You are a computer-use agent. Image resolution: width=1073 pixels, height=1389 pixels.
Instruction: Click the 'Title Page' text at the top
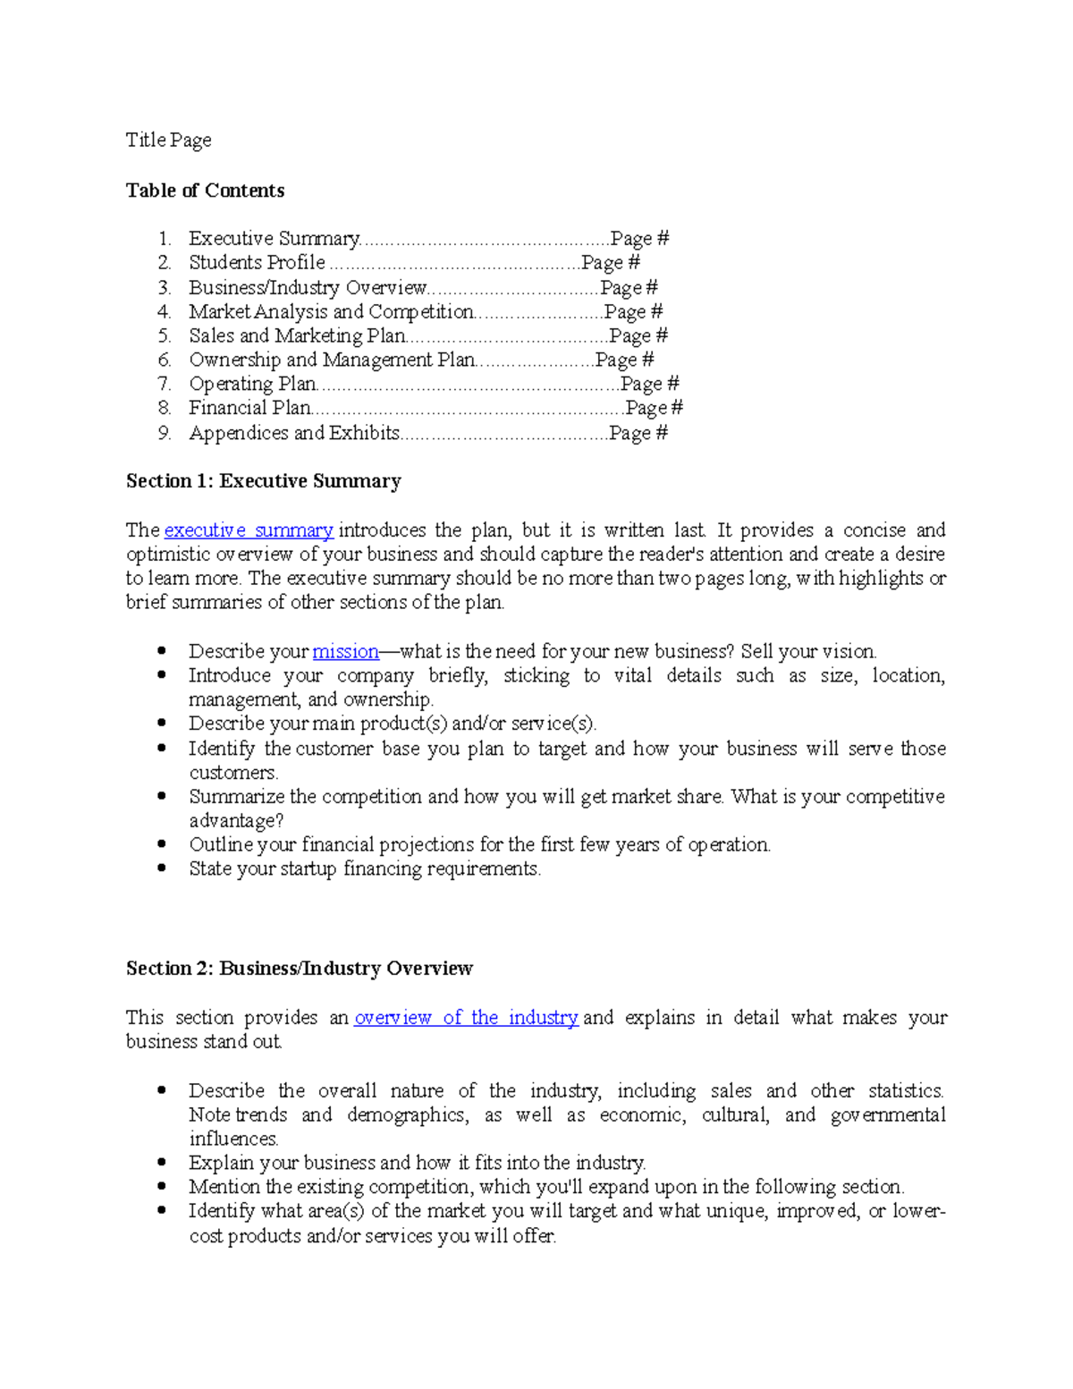coord(168,140)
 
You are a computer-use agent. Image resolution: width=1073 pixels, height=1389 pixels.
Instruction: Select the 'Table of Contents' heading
coord(205,191)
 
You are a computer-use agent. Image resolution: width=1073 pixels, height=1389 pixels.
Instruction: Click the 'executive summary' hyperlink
coord(249,530)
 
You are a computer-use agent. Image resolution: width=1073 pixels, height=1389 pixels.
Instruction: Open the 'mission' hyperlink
coord(345,652)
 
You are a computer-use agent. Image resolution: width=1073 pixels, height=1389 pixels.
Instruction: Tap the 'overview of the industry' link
coord(466,1018)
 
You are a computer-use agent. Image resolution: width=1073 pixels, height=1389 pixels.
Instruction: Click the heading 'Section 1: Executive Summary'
coord(263,481)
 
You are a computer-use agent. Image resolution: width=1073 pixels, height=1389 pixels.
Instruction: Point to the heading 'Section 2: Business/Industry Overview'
coord(299,969)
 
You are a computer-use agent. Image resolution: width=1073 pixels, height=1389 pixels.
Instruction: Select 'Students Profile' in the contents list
coord(257,263)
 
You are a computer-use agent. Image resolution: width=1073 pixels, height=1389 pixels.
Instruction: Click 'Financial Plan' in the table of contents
coord(249,409)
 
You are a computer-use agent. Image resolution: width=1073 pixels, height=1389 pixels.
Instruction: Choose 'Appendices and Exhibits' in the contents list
coord(294,434)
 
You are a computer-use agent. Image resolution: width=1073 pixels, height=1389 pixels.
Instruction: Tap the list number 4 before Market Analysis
coord(164,312)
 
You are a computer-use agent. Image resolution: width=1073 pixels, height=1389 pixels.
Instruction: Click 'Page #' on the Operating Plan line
coord(649,385)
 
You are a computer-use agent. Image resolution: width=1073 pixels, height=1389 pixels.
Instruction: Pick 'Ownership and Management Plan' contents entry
coord(332,360)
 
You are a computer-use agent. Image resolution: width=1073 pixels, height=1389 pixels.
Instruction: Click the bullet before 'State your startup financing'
coord(162,868)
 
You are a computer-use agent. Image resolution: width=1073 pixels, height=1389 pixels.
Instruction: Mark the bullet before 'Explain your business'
coord(162,1162)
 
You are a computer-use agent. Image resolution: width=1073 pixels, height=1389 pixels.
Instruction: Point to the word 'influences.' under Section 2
coord(233,1139)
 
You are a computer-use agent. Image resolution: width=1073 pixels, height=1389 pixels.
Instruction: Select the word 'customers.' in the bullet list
coord(233,773)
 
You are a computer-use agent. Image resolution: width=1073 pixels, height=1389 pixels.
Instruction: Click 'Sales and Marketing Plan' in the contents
coord(297,336)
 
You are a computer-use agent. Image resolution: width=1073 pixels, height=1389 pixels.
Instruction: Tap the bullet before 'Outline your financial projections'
coord(162,843)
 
